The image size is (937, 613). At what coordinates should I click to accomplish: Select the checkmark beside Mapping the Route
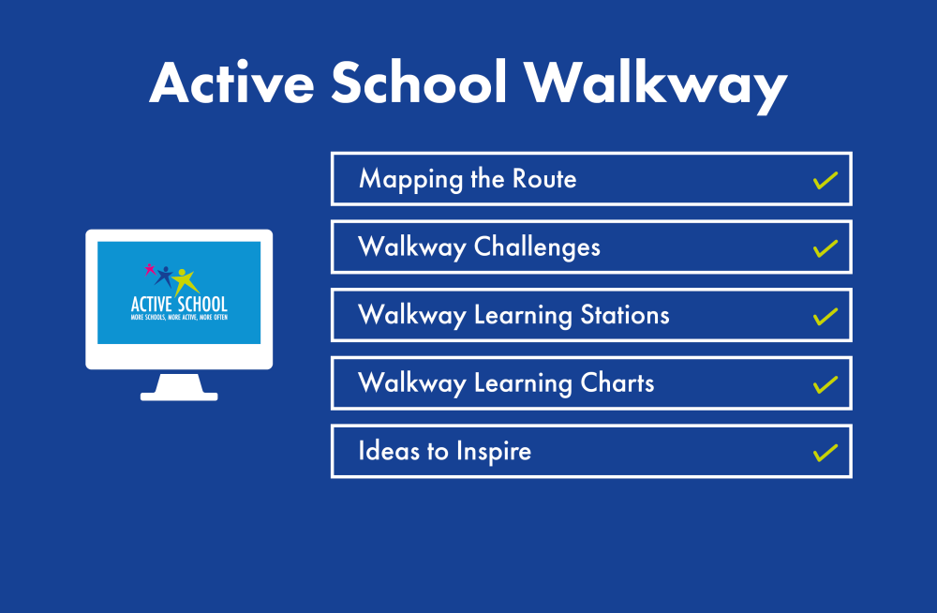825,180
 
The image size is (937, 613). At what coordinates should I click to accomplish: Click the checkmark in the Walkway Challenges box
825,248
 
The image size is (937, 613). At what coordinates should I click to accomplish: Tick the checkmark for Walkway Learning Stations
825,317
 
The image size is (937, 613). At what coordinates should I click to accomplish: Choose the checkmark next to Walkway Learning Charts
825,384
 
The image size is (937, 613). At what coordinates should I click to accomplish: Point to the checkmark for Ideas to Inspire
825,453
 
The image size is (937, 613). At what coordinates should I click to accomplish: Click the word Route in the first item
544,179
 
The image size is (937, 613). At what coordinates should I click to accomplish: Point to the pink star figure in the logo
149,269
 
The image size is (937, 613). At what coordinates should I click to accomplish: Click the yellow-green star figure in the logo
185,279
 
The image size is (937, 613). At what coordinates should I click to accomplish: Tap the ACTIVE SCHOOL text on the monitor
179,304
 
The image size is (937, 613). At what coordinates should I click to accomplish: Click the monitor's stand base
179,396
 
